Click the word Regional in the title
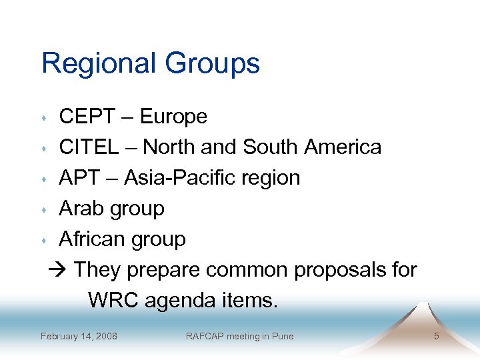pyautogui.click(x=97, y=64)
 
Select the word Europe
pyautogui.click(x=173, y=117)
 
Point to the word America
pyautogui.click(x=343, y=147)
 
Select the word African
pyautogui.click(x=95, y=239)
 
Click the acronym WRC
pyautogui.click(x=111, y=300)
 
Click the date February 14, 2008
pyautogui.click(x=79, y=336)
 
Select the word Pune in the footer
pyautogui.click(x=282, y=336)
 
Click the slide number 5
pyautogui.click(x=436, y=336)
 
